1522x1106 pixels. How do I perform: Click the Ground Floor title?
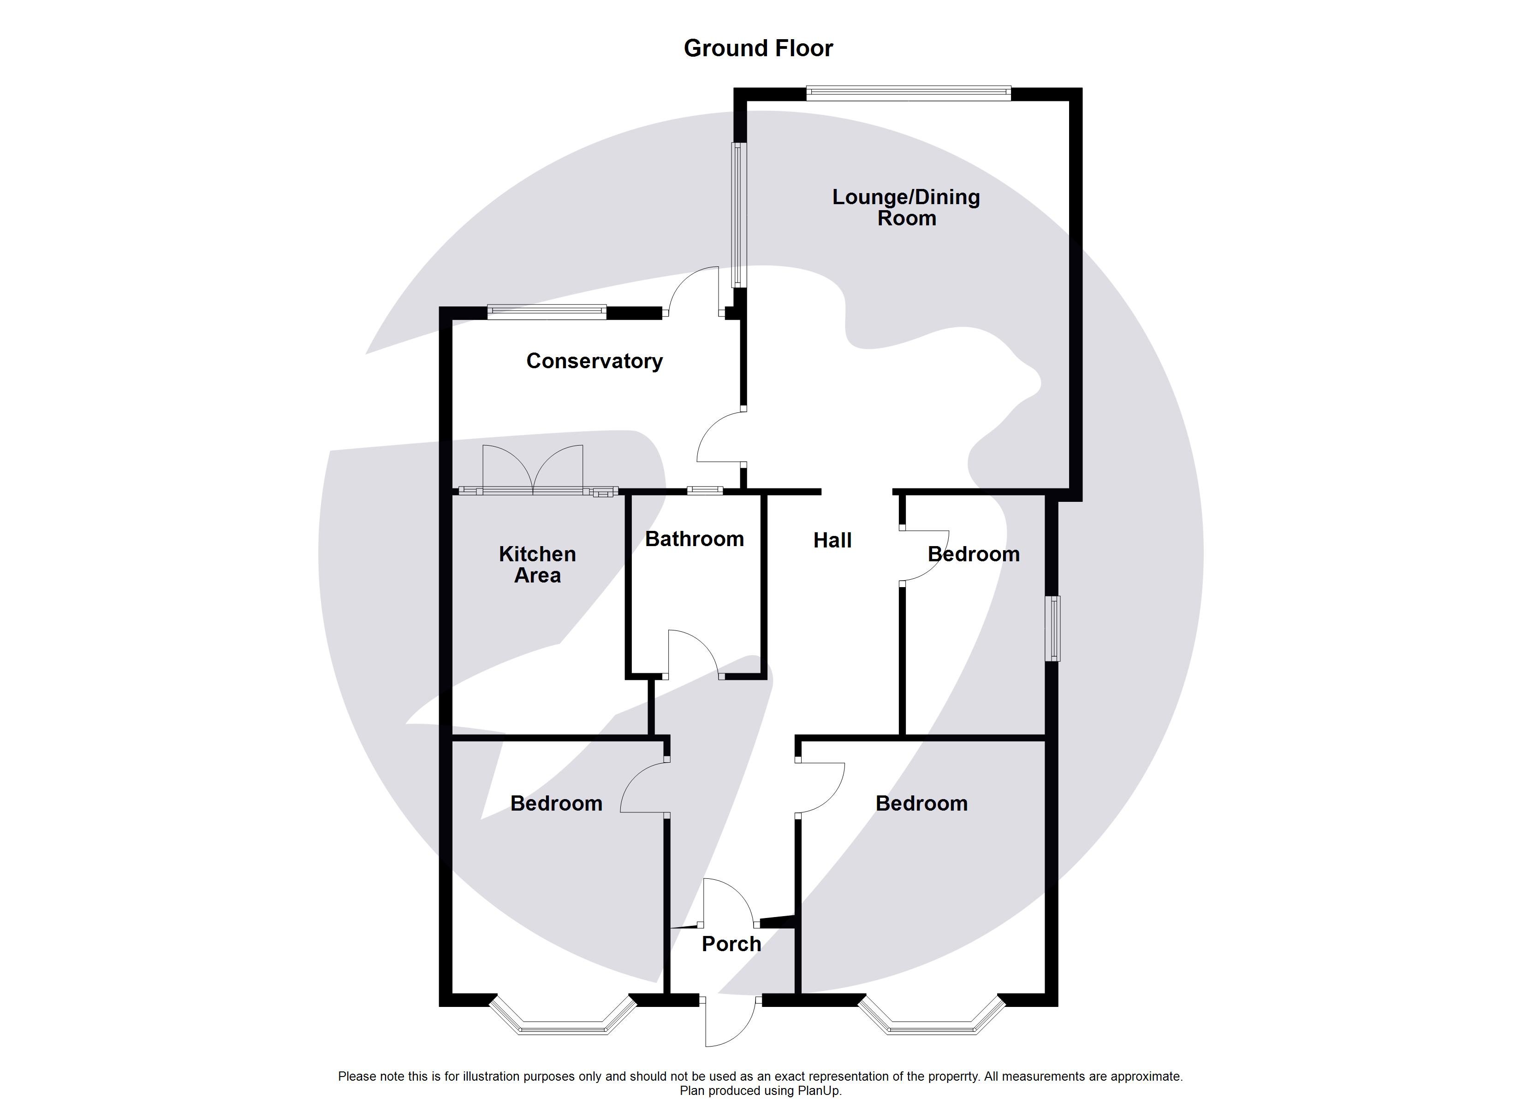[758, 48]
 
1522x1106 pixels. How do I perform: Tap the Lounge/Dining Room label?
[906, 207]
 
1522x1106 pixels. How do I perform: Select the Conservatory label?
[594, 361]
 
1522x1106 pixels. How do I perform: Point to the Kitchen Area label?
[537, 564]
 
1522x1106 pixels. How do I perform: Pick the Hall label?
[832, 540]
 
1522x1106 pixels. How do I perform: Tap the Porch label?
[731, 944]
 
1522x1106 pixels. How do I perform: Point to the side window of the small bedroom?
[1055, 629]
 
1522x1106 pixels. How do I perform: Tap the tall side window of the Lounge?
[738, 215]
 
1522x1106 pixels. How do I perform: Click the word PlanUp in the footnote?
[819, 1091]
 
